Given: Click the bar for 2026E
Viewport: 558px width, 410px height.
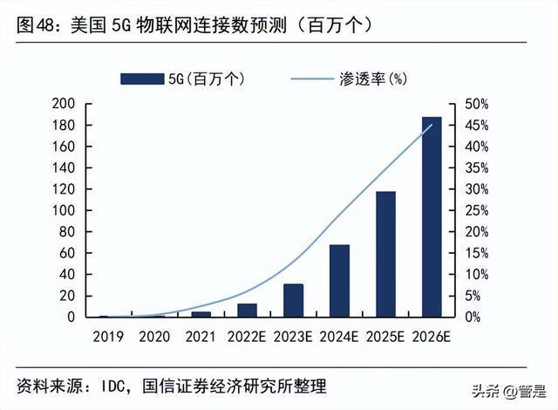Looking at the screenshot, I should pos(432,217).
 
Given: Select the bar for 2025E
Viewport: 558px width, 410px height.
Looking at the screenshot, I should pos(385,254).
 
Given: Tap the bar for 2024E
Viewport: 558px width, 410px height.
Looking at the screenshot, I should pos(339,281).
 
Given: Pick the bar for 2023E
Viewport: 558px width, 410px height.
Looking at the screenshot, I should pos(293,300).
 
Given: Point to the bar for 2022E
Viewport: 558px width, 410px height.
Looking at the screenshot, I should pos(247,310).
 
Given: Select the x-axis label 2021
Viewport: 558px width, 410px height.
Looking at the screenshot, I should pos(200,334).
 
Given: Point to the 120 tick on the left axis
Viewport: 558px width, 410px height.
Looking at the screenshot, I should pos(65,189).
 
